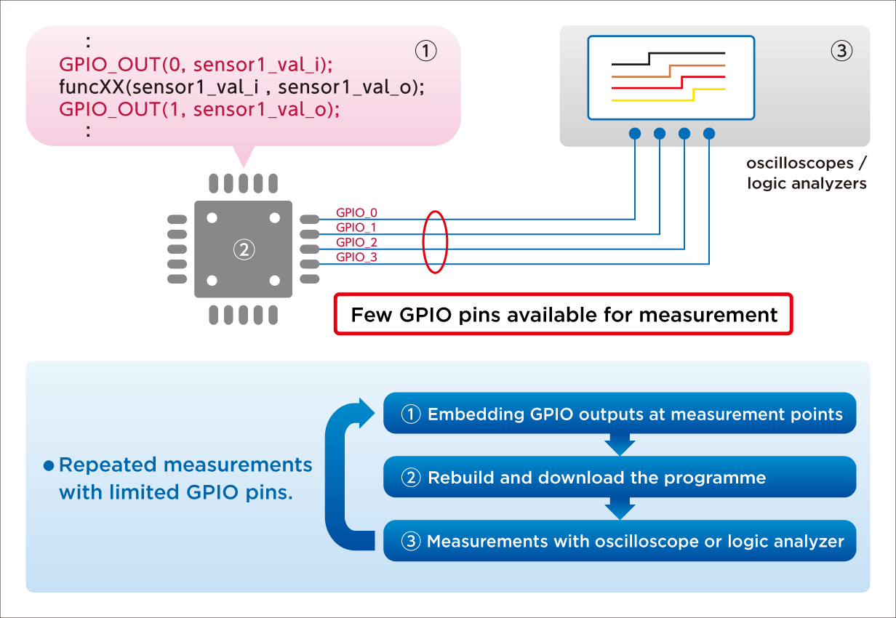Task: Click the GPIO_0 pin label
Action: coord(356,212)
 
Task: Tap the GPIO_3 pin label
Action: coord(356,257)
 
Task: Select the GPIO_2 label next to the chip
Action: coord(356,242)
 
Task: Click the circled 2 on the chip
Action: coord(243,249)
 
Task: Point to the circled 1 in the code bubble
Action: coord(425,50)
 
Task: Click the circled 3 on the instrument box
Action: coord(841,51)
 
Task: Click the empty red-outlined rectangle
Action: coord(563,314)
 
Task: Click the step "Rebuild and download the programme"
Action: coord(619,478)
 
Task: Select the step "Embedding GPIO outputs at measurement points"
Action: coord(619,414)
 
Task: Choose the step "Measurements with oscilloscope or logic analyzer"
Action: coord(619,542)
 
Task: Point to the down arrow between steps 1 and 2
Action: coord(620,444)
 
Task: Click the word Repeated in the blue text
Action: coord(108,465)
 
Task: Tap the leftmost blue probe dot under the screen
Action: coord(635,133)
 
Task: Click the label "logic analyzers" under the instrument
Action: coord(807,183)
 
